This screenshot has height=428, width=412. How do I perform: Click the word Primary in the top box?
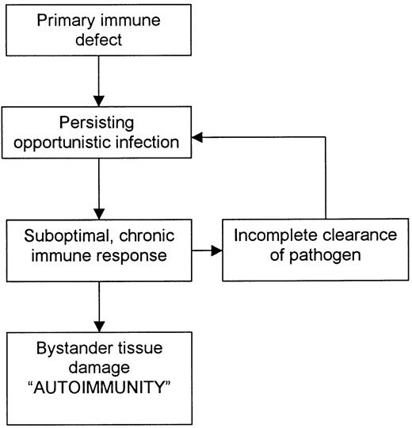[67, 16]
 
